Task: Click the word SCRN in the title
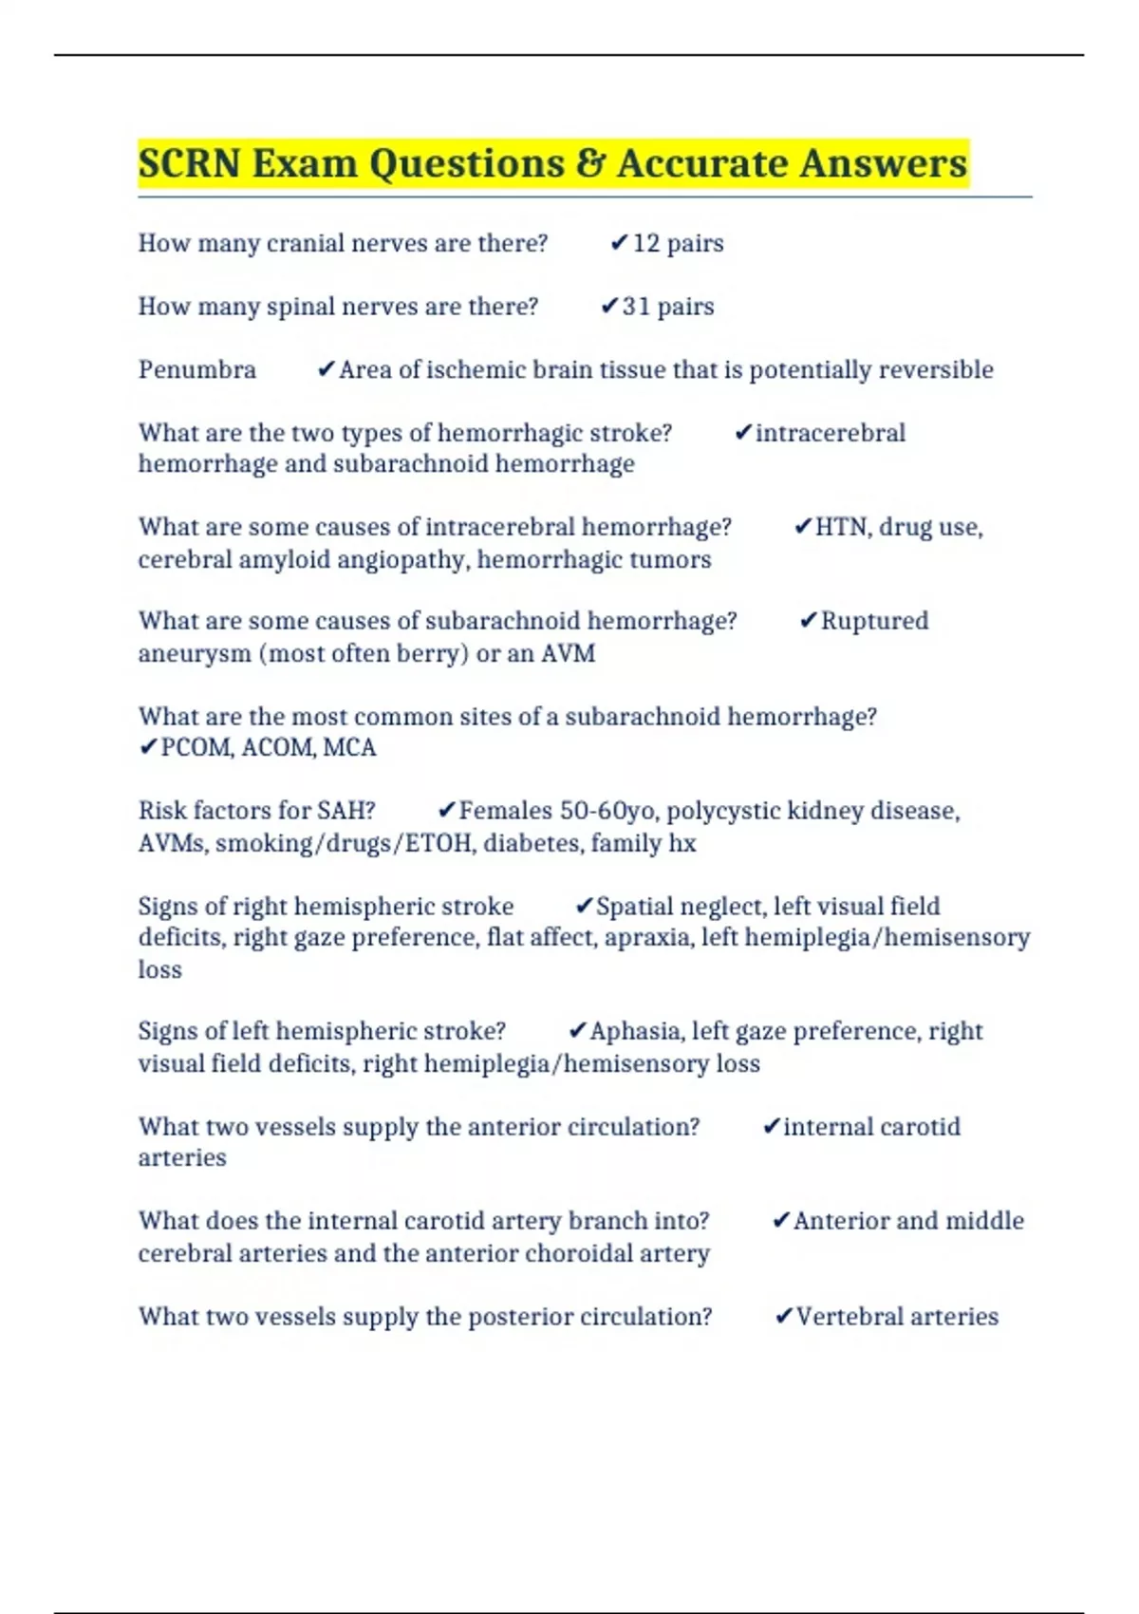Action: point(189,163)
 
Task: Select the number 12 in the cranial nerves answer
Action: point(645,244)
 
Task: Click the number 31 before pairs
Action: point(636,307)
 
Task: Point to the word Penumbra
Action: point(197,369)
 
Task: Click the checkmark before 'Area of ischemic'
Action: point(327,369)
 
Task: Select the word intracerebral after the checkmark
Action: point(831,433)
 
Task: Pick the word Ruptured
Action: point(874,621)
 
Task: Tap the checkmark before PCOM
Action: point(148,748)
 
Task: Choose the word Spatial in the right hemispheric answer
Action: point(633,906)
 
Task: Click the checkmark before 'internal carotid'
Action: point(771,1127)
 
